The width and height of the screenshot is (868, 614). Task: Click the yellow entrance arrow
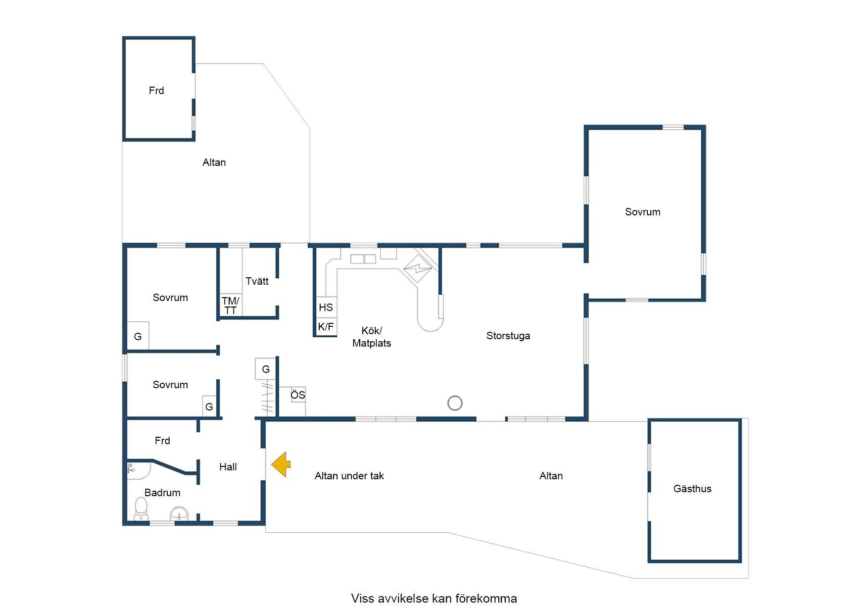[281, 464]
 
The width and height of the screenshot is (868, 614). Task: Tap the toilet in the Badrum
[141, 509]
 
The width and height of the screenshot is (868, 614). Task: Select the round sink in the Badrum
[179, 514]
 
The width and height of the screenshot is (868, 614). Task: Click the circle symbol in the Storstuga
[455, 403]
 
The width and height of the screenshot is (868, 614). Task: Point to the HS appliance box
[326, 307]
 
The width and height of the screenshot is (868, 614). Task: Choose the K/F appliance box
[326, 327]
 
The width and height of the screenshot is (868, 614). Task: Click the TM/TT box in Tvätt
[230, 306]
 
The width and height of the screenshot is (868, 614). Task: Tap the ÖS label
[298, 395]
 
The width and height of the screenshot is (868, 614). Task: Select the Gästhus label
[692, 489]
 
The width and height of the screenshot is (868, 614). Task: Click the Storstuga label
[508, 336]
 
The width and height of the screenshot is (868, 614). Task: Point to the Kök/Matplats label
[372, 337]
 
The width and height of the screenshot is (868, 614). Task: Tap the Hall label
[228, 466]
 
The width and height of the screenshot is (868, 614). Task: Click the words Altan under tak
[349, 476]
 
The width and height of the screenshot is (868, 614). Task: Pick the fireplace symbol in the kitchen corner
[418, 269]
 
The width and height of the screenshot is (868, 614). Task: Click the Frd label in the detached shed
[156, 91]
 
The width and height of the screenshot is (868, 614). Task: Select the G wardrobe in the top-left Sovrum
[138, 336]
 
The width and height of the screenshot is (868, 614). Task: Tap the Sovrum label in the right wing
[642, 212]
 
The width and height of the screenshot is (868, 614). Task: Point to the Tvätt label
[257, 281]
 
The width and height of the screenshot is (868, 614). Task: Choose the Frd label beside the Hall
[162, 441]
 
